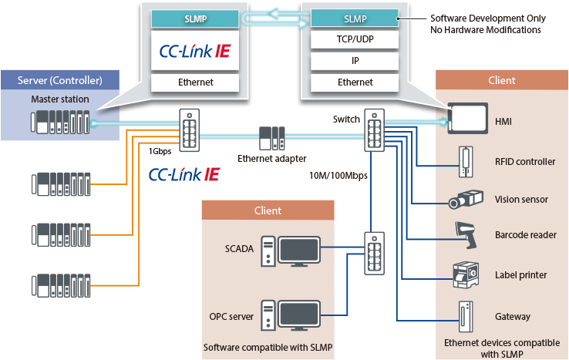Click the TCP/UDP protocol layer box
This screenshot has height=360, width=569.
tap(355, 39)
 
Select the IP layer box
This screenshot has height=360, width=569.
tap(355, 61)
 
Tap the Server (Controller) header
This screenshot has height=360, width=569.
tap(60, 80)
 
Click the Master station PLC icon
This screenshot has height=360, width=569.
tap(60, 123)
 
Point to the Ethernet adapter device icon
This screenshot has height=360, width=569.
tap(272, 138)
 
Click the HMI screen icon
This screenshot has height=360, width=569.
tap(468, 118)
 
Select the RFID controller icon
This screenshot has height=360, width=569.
tap(466, 162)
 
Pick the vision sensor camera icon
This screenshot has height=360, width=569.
tap(466, 199)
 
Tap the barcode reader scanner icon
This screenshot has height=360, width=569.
tap(466, 235)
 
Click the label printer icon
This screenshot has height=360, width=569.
tap(466, 275)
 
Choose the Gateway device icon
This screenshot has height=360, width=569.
tap(466, 317)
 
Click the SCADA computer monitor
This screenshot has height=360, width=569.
tap(299, 251)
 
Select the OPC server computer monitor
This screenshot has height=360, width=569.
tap(299, 315)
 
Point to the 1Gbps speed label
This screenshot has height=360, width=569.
tap(160, 151)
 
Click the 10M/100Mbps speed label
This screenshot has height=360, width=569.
tap(338, 176)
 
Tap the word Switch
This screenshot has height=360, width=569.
tap(346, 119)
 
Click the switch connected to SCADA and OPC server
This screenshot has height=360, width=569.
tap(375, 254)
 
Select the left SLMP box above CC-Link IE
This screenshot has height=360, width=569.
tap(195, 19)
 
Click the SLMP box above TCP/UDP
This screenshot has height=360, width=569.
tap(355, 19)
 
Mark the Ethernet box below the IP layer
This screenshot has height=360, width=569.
tap(355, 82)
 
